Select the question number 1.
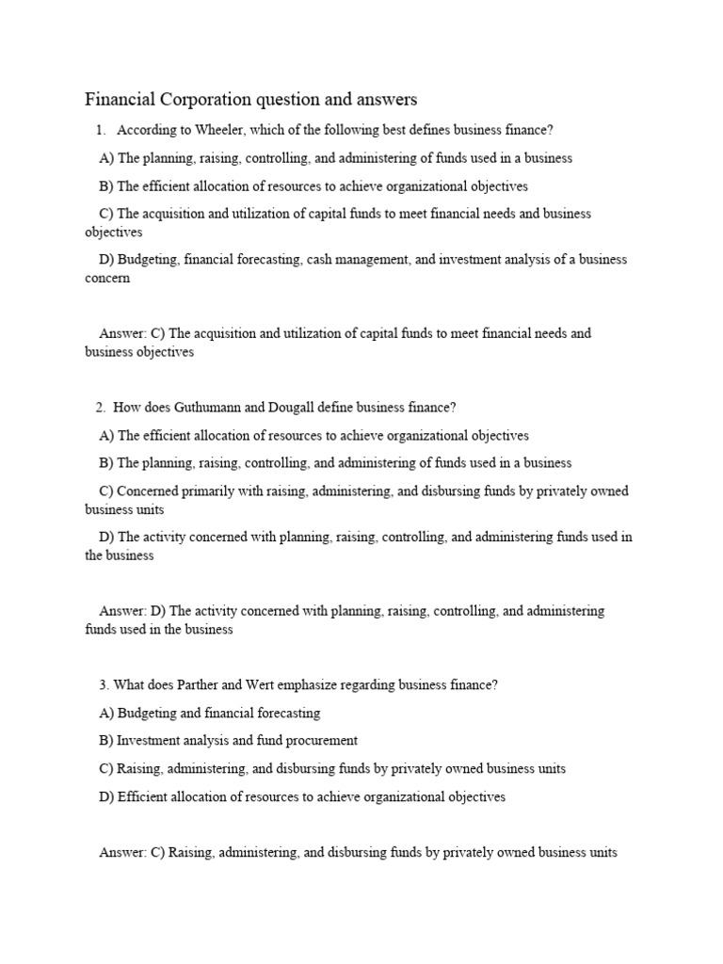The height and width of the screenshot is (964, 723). pos(100,130)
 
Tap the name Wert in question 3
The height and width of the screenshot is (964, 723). pos(274,685)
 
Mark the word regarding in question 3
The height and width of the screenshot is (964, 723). pos(403,685)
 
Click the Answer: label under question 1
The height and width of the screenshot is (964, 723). pos(122,333)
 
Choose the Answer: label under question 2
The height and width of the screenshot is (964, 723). pos(122,611)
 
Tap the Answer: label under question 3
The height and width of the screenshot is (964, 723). pos(122,853)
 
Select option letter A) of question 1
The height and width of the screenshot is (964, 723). pos(106,158)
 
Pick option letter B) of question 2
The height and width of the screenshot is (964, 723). pos(106,463)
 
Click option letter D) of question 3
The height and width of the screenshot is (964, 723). pos(106,796)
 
